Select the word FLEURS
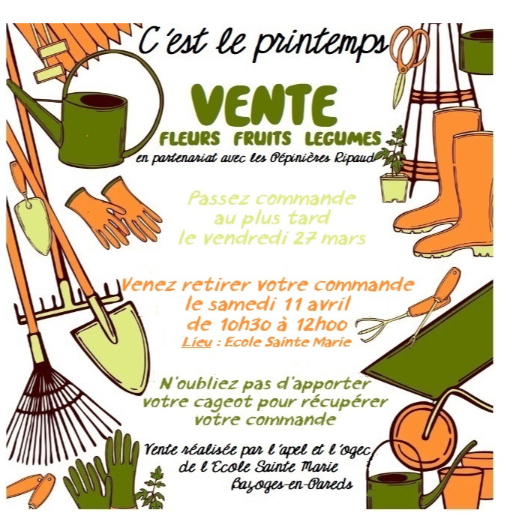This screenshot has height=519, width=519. (x=190, y=138)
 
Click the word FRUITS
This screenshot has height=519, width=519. (x=262, y=138)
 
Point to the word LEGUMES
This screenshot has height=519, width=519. (x=343, y=138)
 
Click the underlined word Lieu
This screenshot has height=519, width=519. (x=196, y=342)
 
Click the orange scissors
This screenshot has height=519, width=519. (x=408, y=58)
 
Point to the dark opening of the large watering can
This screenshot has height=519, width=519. (x=101, y=100)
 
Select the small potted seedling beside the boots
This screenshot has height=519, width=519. (x=394, y=166)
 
